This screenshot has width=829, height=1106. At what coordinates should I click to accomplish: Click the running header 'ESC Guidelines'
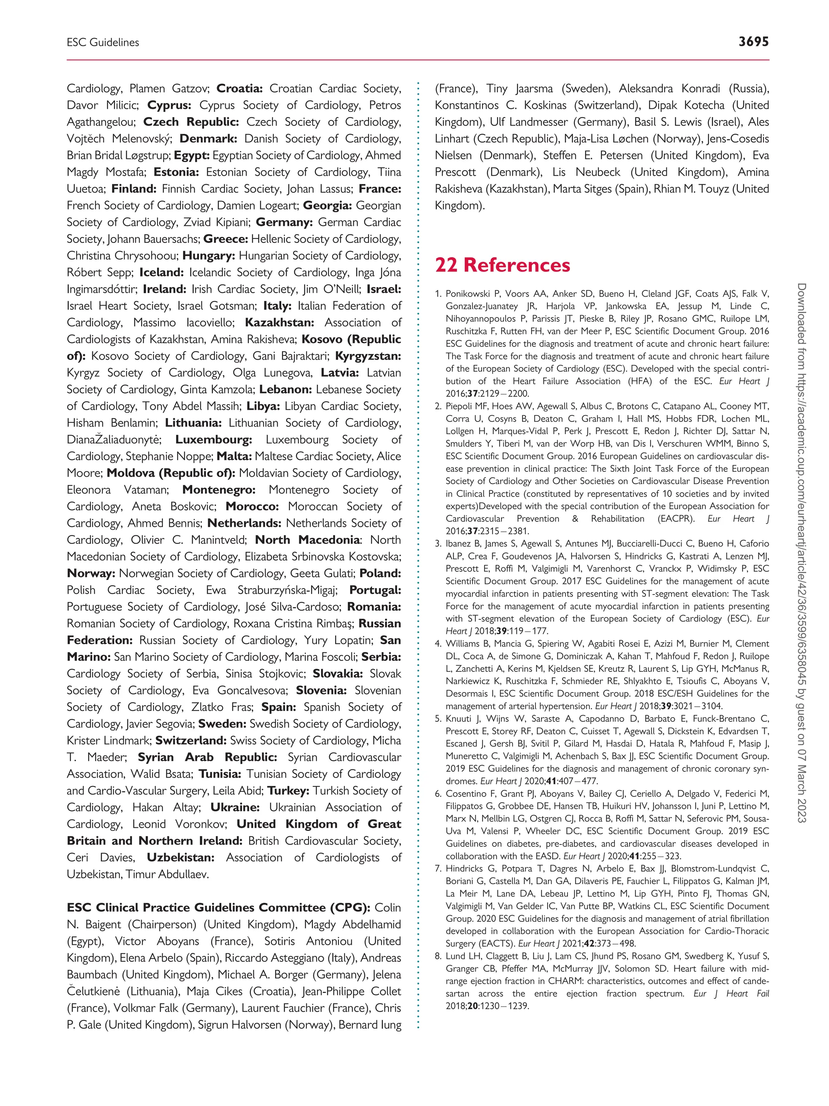pyautogui.click(x=103, y=43)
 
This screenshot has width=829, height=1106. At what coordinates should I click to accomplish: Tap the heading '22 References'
pyautogui.click(x=502, y=265)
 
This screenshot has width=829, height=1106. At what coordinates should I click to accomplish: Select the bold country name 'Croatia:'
pyautogui.click(x=239, y=89)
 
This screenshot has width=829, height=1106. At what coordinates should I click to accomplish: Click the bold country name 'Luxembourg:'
pyautogui.click(x=213, y=439)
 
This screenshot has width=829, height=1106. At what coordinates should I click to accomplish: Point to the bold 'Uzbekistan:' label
pyautogui.click(x=181, y=857)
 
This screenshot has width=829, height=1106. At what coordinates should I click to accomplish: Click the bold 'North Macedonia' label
pyautogui.click(x=307, y=539)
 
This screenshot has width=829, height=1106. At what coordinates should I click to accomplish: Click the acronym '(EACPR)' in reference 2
pyautogui.click(x=676, y=518)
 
